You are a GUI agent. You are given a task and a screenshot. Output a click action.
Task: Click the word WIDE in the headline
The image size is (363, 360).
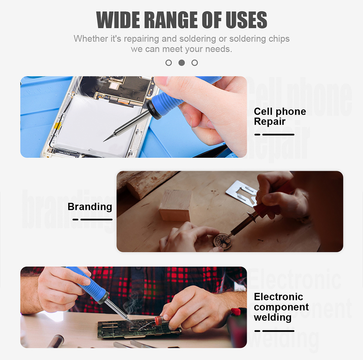[x=118, y=20]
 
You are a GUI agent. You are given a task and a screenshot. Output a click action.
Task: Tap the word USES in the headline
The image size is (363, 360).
[x=246, y=20]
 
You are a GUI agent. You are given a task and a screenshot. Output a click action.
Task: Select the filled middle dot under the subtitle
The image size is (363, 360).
[x=182, y=63]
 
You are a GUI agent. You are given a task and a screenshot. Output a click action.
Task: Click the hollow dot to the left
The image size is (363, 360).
[x=168, y=63]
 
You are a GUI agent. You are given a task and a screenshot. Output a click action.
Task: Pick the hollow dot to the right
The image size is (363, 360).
[x=195, y=63]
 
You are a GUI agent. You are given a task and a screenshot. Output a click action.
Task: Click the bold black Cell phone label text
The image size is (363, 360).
[x=280, y=111]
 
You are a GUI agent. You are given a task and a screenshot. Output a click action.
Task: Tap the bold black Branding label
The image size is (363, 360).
[x=90, y=207]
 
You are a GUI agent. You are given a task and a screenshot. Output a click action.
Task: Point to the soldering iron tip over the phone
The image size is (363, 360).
[x=104, y=141]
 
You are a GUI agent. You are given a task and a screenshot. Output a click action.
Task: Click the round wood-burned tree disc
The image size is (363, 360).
[x=223, y=241]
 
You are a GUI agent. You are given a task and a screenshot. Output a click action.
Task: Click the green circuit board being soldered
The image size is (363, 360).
[x=139, y=329]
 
